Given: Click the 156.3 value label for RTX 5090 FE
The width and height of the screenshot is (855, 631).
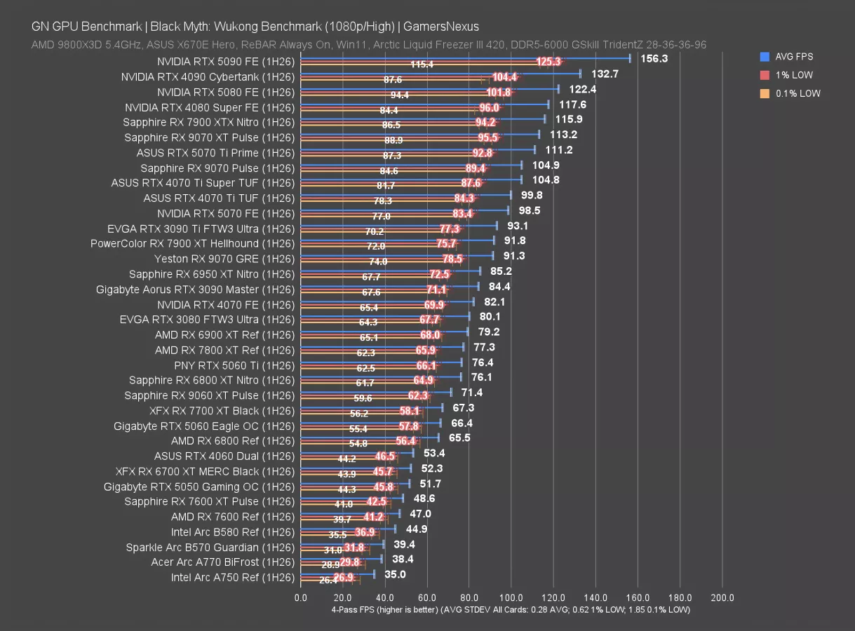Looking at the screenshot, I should tap(654, 59).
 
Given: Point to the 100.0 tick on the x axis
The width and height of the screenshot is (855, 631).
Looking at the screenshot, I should tap(511, 598).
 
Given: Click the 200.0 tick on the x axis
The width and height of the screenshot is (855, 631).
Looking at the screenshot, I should tap(722, 598).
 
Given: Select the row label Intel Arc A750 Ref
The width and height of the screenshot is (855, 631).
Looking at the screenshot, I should tap(232, 578).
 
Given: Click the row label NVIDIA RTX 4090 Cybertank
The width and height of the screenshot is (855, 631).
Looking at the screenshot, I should tap(208, 77).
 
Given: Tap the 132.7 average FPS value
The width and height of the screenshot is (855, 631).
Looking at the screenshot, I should tap(605, 74).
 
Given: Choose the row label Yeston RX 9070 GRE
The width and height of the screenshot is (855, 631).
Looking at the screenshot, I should tap(224, 259).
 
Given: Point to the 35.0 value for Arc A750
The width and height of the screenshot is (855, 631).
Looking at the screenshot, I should tap(394, 574).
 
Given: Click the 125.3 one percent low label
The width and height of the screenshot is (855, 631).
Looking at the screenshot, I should tap(548, 62).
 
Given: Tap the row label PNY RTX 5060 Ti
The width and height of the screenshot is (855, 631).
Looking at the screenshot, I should tap(234, 365).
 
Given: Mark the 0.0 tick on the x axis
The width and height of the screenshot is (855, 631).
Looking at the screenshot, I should tap(301, 598).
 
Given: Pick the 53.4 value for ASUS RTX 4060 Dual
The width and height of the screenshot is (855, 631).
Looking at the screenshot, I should tap(434, 453).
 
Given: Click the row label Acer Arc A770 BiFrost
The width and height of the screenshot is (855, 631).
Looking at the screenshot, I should tap(222, 562).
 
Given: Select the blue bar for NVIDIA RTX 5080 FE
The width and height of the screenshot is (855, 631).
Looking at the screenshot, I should tap(429, 88).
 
